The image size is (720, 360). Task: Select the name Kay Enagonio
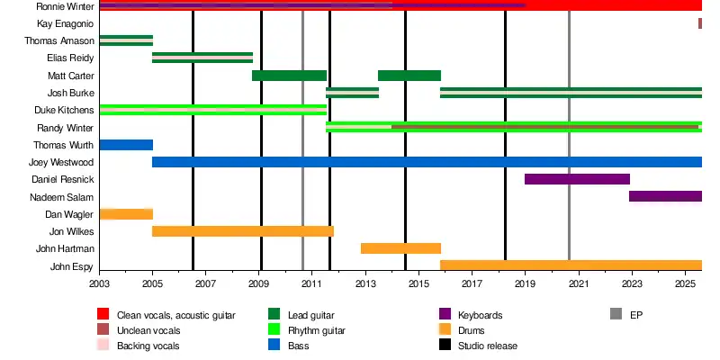(65, 23)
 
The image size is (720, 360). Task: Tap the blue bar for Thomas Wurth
(126, 145)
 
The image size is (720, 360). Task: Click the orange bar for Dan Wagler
(126, 214)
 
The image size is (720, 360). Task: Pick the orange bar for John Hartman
(400, 248)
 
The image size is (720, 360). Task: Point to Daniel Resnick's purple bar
(577, 179)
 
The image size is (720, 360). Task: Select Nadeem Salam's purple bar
(665, 196)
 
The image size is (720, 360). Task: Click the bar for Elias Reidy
(202, 58)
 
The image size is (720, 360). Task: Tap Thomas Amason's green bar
(126, 40)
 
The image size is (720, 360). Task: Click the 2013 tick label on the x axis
(365, 284)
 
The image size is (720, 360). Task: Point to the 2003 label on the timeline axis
(100, 284)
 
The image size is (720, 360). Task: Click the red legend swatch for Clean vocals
(103, 314)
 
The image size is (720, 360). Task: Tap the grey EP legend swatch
(616, 314)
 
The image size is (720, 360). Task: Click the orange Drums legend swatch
(445, 329)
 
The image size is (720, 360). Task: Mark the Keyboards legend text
(480, 315)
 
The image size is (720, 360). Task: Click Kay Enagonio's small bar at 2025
(699, 23)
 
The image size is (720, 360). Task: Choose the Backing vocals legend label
(148, 346)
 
